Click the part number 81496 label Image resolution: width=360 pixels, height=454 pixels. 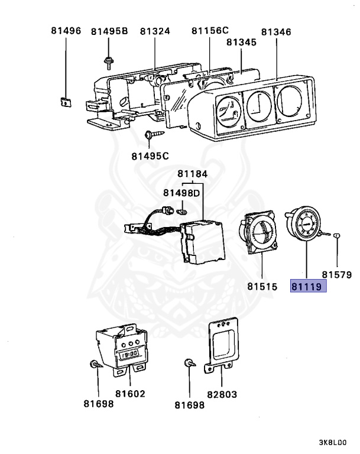pyautogui.click(x=65, y=31)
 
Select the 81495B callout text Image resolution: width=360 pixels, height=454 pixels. pyautogui.click(x=109, y=31)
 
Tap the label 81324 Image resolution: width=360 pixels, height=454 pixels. pyautogui.click(x=155, y=31)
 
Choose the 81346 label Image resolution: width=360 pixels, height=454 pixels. pyautogui.click(x=276, y=31)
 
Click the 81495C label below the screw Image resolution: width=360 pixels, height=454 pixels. pyautogui.click(x=150, y=156)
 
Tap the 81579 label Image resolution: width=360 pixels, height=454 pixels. pyautogui.click(x=337, y=274)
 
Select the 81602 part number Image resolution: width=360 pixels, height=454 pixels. pyautogui.click(x=130, y=393)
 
